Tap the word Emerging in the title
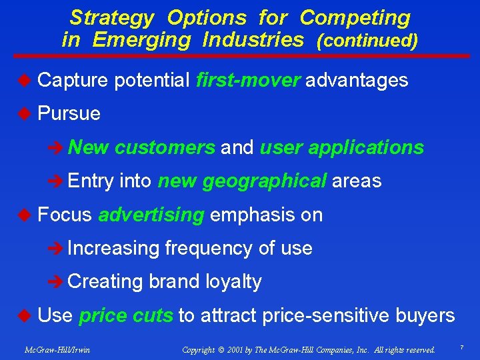[x=141, y=40]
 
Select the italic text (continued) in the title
[x=367, y=41]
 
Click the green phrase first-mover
[x=249, y=81]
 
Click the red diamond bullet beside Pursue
[x=23, y=114]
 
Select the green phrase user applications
[x=341, y=147]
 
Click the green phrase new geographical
[x=242, y=181]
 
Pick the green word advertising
[x=151, y=215]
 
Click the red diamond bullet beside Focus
[x=23, y=215]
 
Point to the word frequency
[x=209, y=248]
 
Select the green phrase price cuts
[x=126, y=315]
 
